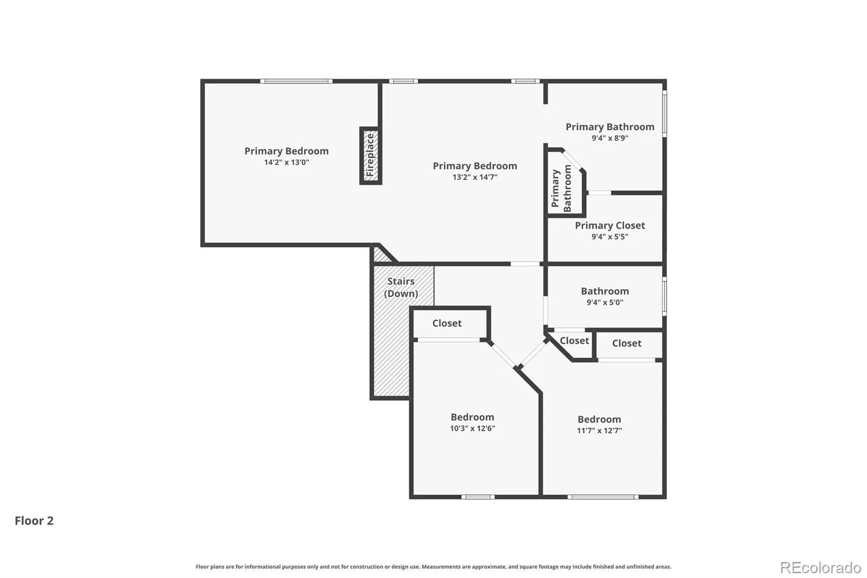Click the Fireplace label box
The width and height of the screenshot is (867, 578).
pos(371,156)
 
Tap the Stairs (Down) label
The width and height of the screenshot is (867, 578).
pos(401,287)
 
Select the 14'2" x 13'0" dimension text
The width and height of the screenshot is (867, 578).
pos(287,162)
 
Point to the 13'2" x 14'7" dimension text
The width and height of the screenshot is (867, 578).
pos(475,177)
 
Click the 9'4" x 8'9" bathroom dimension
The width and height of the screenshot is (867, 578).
pos(610,138)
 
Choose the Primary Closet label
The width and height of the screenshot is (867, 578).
pos(610,226)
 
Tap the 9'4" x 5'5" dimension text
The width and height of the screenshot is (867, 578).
pos(610,236)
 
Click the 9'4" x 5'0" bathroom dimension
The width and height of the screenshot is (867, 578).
pos(605,302)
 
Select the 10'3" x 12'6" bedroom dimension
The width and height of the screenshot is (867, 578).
pos(472,428)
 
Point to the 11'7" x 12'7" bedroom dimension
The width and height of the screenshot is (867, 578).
pos(599,431)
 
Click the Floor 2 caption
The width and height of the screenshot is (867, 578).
pos(34,521)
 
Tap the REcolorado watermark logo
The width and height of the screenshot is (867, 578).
pos(820,568)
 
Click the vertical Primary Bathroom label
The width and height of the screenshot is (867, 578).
pos(561,188)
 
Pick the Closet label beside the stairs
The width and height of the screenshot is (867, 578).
pos(447,323)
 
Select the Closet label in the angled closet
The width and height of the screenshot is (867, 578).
pos(574,341)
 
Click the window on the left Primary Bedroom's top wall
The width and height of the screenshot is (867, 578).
pos(296,81)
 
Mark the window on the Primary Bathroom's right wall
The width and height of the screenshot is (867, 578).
pos(664,113)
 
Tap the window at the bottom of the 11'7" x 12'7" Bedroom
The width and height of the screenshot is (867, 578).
pos(603,497)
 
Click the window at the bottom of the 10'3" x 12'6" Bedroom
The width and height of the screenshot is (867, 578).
pos(478,497)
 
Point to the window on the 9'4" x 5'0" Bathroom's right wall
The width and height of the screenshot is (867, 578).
pos(664,297)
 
